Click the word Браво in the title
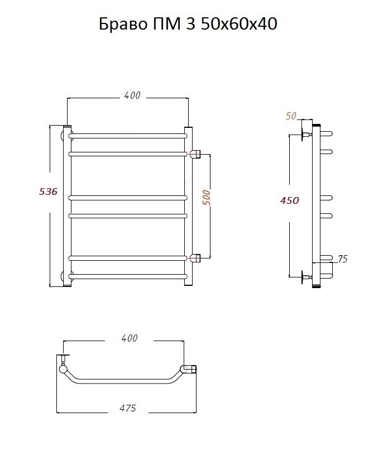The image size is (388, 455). [123, 24]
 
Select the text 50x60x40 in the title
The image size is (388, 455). [239, 24]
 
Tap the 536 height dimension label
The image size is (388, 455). [49, 191]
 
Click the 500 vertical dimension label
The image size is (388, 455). [207, 198]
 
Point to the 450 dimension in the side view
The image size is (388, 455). [290, 200]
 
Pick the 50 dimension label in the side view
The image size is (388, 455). [291, 116]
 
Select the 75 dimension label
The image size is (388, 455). [342, 258]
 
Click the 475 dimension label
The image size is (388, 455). [128, 408]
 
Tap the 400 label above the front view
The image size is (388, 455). [132, 95]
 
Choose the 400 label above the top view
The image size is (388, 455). [130, 338]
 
